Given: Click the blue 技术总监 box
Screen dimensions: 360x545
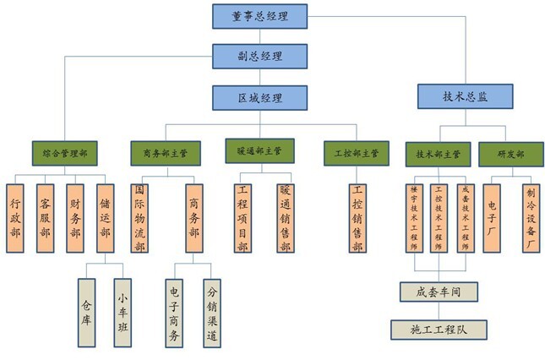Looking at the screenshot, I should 466,96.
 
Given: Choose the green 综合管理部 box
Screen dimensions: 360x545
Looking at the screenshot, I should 64,154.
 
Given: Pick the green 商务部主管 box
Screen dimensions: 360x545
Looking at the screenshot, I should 166,154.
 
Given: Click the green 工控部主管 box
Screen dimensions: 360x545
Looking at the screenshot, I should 356,154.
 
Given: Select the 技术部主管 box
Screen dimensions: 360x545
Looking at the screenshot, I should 439,155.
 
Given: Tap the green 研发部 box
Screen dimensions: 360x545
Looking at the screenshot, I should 508,155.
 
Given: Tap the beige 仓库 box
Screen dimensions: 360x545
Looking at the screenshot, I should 85,313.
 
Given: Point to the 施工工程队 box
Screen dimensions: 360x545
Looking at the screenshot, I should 439,329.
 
